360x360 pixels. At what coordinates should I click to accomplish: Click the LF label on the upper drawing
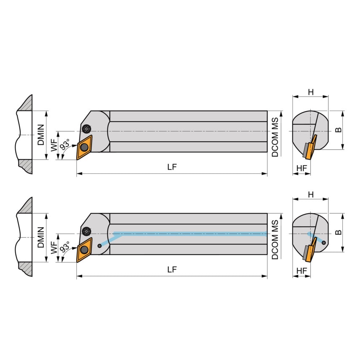[172, 167]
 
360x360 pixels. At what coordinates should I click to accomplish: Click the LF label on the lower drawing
[172, 270]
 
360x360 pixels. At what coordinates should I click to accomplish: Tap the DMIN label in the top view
[40, 135]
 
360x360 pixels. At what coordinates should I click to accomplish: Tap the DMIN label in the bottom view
[40, 238]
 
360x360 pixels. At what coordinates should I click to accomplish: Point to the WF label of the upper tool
[54, 146]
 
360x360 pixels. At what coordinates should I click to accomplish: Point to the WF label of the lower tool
[54, 248]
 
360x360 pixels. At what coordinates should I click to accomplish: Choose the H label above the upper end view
[311, 92]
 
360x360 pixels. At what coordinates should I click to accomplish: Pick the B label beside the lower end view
[338, 232]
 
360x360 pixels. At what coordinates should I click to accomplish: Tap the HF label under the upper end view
[301, 168]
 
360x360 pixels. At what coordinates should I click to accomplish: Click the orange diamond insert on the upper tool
[84, 147]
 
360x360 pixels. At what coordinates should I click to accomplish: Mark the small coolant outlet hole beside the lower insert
[99, 246]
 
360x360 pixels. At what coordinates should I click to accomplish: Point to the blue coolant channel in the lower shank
[190, 234]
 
